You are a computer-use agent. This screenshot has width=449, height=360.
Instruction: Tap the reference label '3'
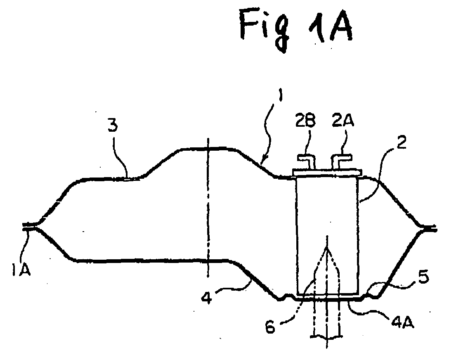[113, 126]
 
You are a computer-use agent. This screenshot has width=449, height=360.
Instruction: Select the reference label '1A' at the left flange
[21, 270]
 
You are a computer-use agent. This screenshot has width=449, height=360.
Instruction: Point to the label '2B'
[305, 121]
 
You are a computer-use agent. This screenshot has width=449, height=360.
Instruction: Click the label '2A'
[343, 120]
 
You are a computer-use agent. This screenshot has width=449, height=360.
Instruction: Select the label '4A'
[402, 322]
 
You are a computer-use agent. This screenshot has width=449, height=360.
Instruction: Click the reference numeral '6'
[269, 327]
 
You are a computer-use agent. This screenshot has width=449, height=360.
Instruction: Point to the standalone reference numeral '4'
[206, 298]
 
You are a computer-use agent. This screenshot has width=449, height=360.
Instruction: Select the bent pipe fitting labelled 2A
[341, 161]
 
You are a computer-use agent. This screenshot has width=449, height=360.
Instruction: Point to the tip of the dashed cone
[327, 249]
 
